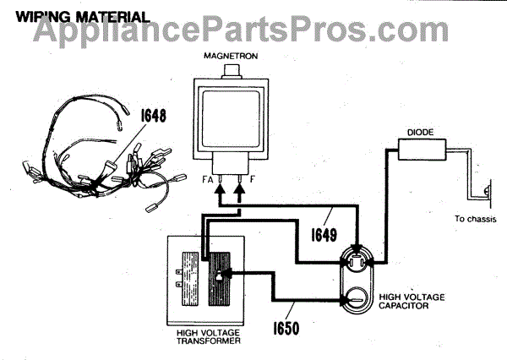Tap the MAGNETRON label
click(x=224, y=56)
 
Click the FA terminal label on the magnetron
click(x=206, y=180)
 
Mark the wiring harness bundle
click(x=110, y=161)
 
